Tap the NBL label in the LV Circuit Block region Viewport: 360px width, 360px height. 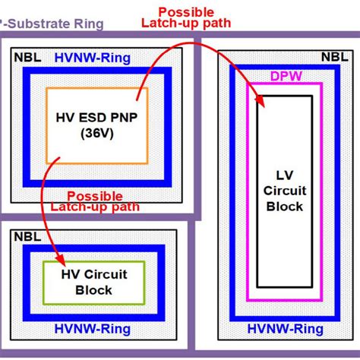coord(333,55)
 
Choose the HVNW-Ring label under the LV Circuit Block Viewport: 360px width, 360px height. coord(286,328)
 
